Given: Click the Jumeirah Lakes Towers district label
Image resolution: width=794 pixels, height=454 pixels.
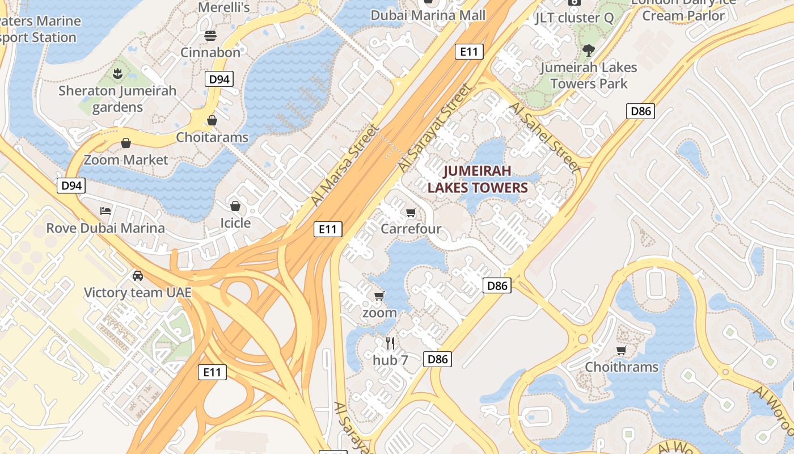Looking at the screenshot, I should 478,179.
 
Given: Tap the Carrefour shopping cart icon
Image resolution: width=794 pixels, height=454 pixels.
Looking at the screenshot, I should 411,213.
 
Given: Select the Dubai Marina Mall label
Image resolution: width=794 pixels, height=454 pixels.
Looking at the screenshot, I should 428,15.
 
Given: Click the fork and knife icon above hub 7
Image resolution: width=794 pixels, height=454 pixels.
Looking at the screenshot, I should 390,343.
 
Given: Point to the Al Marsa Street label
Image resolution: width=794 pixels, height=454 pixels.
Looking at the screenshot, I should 344,165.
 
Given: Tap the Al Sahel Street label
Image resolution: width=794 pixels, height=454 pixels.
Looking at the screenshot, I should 545,137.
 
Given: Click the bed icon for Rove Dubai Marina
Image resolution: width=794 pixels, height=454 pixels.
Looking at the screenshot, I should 105,211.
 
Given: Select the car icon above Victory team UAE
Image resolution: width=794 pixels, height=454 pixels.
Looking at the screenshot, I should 137,276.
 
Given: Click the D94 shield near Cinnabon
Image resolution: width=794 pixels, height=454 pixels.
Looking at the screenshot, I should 219,79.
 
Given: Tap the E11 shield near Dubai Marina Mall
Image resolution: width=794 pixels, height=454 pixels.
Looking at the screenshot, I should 468,52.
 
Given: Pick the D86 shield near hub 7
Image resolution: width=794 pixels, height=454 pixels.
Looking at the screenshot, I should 438,359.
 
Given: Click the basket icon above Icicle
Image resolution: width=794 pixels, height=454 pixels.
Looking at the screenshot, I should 235,206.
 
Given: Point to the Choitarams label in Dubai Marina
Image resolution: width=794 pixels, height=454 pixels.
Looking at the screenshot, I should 212,137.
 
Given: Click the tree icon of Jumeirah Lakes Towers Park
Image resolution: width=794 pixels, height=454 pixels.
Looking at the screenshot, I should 589,50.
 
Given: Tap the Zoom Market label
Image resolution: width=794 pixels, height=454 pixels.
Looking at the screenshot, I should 126,160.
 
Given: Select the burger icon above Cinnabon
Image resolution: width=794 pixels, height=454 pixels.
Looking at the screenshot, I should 210,36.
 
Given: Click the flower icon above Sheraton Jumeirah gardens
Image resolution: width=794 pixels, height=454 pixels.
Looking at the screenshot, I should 117,73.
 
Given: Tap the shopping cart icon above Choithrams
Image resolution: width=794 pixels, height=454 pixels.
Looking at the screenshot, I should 622,350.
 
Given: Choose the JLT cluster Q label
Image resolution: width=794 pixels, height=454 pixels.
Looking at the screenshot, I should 574,18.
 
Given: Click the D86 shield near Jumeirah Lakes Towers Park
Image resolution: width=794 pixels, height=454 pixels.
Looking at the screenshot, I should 641,111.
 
